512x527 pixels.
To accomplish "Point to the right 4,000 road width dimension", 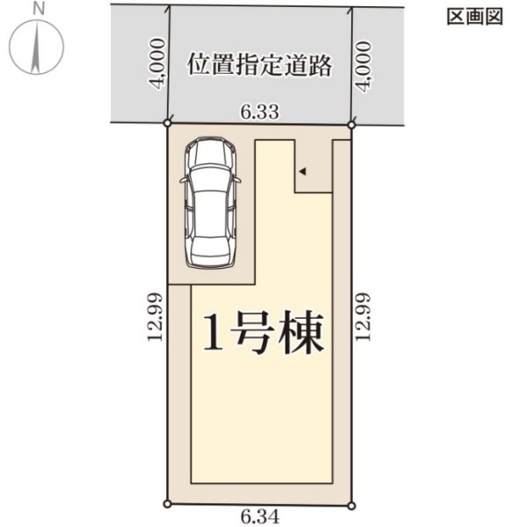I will point(363,63).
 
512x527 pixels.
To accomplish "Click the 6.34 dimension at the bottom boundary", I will point(259,517).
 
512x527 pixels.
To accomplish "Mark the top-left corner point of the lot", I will point(168,125).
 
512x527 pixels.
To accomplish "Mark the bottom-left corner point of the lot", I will point(168,503).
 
